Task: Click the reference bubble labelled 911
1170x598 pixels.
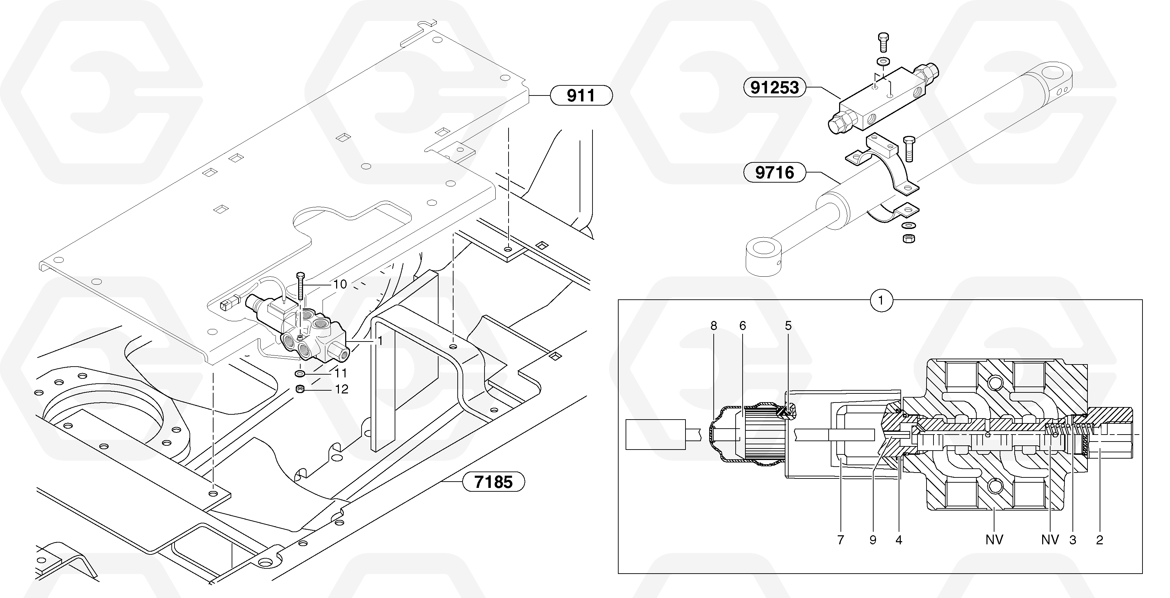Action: point(581,95)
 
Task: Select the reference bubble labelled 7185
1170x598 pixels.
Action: point(493,482)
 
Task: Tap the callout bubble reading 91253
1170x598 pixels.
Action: point(774,87)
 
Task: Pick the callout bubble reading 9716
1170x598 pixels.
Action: point(774,172)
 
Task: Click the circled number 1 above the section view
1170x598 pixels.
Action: point(881,300)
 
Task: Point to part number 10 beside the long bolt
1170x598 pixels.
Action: point(340,284)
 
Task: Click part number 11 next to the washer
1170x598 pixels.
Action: point(341,373)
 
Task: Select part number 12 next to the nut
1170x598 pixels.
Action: point(342,389)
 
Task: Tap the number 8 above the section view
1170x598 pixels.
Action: point(714,325)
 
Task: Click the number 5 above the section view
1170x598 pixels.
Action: point(788,325)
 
